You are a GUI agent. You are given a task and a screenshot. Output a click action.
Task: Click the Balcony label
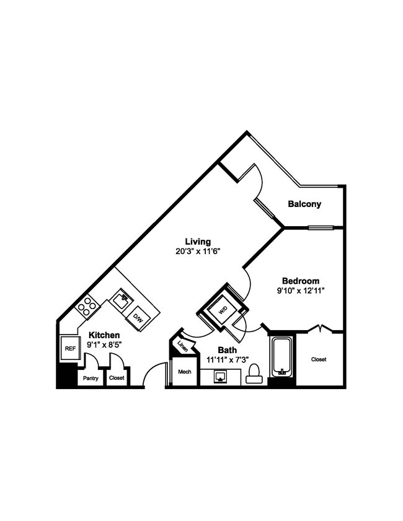[304, 204]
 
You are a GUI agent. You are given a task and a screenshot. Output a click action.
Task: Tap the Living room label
[198, 241]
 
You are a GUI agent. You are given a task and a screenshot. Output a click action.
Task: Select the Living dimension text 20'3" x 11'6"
[198, 252]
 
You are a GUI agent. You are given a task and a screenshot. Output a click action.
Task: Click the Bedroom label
[300, 279]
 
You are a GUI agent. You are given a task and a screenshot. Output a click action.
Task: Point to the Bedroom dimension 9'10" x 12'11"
[300, 289]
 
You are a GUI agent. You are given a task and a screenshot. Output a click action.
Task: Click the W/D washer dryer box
[221, 309]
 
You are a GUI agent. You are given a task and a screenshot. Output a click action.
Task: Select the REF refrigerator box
[69, 348]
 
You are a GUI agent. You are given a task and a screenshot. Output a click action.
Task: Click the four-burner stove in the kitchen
[87, 305]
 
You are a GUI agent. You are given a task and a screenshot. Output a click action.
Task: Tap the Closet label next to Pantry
[116, 377]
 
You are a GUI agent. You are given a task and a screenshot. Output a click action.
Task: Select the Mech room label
[184, 372]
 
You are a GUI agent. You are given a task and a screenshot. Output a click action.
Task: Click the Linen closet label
[182, 345]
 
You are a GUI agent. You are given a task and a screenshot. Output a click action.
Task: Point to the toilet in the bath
[253, 374]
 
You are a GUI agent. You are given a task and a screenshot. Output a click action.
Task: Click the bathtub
[283, 358]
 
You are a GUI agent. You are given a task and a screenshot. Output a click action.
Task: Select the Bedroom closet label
[319, 359]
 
